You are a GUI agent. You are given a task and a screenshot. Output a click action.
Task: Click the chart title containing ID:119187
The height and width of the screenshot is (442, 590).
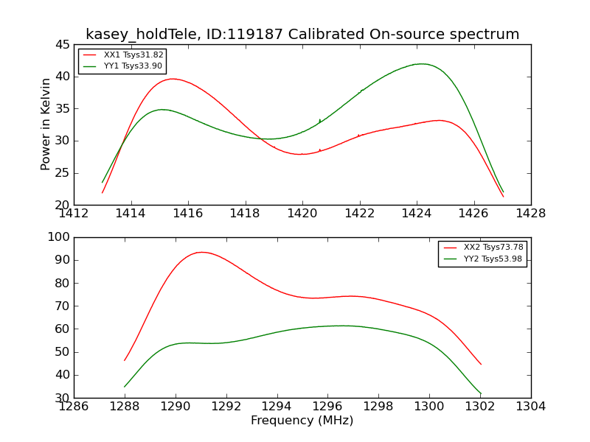click(x=302, y=34)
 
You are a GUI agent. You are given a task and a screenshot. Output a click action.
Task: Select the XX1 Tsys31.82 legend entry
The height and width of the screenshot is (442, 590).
click(x=123, y=55)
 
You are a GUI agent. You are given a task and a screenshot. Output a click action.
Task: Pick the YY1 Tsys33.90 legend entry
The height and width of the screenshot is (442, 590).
click(x=122, y=66)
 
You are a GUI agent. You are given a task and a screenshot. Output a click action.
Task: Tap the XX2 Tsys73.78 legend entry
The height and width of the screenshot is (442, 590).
click(x=483, y=248)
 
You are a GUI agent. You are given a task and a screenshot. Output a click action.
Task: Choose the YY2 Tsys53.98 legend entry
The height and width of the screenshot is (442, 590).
click(x=482, y=259)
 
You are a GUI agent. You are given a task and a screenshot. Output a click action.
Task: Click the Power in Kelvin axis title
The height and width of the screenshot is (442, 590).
click(x=45, y=124)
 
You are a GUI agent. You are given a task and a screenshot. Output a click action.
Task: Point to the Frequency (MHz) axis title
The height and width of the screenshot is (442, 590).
click(x=302, y=420)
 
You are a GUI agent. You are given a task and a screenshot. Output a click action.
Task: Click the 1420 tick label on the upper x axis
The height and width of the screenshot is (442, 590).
click(x=302, y=214)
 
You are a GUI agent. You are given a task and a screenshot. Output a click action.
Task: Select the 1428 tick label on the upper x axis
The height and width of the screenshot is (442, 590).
click(x=530, y=214)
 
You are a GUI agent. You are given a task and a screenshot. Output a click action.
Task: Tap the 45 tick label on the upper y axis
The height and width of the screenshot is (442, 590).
click(x=63, y=45)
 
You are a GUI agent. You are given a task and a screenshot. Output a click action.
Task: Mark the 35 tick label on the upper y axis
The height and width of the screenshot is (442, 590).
click(x=63, y=109)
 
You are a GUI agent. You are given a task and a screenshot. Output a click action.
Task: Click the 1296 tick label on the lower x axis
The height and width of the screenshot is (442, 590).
click(x=327, y=407)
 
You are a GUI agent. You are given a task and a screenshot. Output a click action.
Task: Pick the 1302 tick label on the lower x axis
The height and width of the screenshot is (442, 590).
click(x=480, y=407)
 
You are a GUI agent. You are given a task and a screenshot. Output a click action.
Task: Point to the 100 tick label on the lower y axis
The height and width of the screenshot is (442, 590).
click(x=59, y=237)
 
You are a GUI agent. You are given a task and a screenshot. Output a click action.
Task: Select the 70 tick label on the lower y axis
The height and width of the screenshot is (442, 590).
click(x=63, y=306)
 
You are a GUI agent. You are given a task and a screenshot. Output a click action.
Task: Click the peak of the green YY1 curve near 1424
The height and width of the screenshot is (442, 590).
click(x=422, y=64)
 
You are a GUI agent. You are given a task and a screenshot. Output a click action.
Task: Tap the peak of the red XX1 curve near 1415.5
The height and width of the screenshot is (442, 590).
click(x=173, y=79)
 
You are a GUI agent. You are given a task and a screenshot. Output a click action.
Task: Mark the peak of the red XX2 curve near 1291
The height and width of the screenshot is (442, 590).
click(x=202, y=252)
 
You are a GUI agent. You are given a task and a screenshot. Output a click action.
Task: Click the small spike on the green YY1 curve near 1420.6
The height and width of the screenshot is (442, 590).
click(x=320, y=120)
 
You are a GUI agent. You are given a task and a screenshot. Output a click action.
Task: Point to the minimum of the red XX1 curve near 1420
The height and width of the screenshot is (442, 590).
click(x=301, y=154)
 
